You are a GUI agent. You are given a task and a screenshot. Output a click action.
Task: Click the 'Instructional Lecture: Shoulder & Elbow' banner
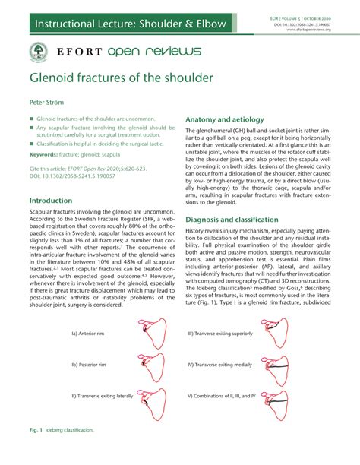pos(129,24)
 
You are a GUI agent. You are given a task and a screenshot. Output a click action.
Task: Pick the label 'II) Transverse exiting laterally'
pos(103,396)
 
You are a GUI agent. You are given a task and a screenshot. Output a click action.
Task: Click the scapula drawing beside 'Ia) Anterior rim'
pos(153,334)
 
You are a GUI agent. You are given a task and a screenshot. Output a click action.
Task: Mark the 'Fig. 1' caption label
pos(36,429)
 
